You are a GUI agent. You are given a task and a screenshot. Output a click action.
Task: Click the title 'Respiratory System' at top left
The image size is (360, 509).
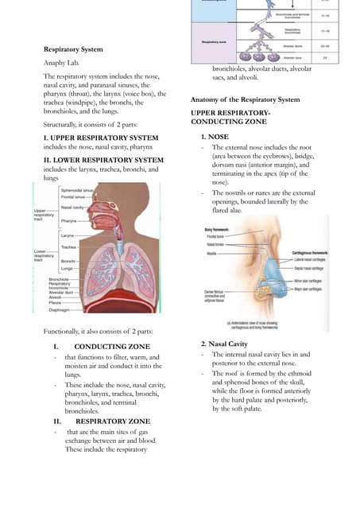[73, 49]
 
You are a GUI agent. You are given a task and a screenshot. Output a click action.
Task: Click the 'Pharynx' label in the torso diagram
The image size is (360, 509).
[69, 220]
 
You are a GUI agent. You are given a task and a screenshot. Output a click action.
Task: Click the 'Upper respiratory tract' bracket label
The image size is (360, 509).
[44, 214]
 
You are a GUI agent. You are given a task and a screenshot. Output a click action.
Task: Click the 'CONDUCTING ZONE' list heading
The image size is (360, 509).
[111, 347]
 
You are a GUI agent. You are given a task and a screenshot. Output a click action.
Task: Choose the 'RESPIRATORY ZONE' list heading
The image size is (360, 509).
[111, 421]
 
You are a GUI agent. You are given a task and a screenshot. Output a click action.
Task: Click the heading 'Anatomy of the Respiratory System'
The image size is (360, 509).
[246, 99]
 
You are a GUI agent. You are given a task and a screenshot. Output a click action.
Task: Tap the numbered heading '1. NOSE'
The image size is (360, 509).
[214, 138]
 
